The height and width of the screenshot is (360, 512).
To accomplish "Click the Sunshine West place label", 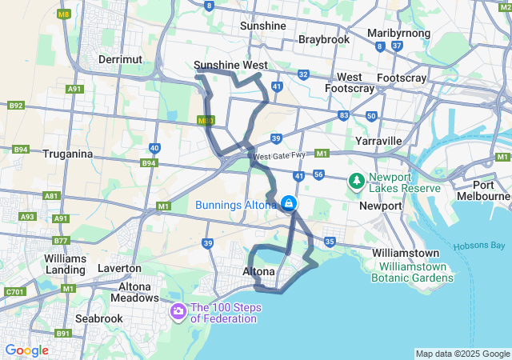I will click(230, 66).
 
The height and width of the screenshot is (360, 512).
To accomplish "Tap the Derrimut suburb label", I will click(119, 59).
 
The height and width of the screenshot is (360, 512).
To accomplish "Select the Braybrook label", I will click(325, 38).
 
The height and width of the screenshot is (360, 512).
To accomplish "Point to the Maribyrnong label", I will click(398, 33).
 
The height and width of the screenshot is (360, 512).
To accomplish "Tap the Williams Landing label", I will click(65, 265).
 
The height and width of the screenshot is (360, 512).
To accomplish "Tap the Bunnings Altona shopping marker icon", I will click(287, 205).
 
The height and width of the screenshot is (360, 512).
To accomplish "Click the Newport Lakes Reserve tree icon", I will click(356, 182).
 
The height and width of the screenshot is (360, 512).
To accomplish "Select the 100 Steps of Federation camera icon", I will click(178, 310).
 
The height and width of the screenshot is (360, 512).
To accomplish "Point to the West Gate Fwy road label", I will click(279, 156).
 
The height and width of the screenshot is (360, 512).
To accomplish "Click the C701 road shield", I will click(14, 292).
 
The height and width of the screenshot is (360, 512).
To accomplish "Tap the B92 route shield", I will click(16, 105).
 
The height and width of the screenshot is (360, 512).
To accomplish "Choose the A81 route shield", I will click(52, 195).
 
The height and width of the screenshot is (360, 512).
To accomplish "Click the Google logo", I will click(26, 350).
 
